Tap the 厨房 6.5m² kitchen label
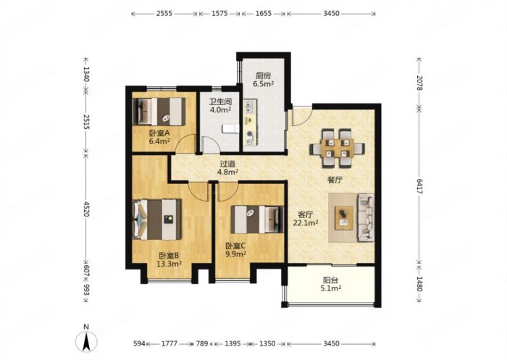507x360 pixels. pyautogui.click(x=264, y=80)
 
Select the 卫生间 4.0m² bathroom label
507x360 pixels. pyautogui.click(x=220, y=106)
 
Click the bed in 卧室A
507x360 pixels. pyautogui.click(x=159, y=112)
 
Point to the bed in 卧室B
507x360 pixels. pyautogui.click(x=157, y=219)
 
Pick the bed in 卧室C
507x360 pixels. pyautogui.click(x=257, y=219)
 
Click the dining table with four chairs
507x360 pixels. pyautogui.click(x=337, y=148)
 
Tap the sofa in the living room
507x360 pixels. pyautogui.click(x=366, y=217)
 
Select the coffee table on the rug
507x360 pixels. pyautogui.click(x=344, y=218)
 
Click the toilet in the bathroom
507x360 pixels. pyautogui.click(x=230, y=129)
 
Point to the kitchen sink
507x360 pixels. pyautogui.click(x=250, y=106)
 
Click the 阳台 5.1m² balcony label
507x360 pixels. pyautogui.click(x=331, y=285)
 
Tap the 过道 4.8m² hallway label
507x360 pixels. pyautogui.click(x=227, y=168)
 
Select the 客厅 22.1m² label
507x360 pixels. pyautogui.click(x=306, y=219)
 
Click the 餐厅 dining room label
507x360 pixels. pyautogui.click(x=335, y=180)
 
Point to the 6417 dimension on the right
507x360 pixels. pyautogui.click(x=419, y=186)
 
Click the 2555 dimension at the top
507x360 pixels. pyautogui.click(x=164, y=14)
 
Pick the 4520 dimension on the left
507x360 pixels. pyautogui.click(x=86, y=209)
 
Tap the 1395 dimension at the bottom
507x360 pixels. pyautogui.click(x=232, y=343)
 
